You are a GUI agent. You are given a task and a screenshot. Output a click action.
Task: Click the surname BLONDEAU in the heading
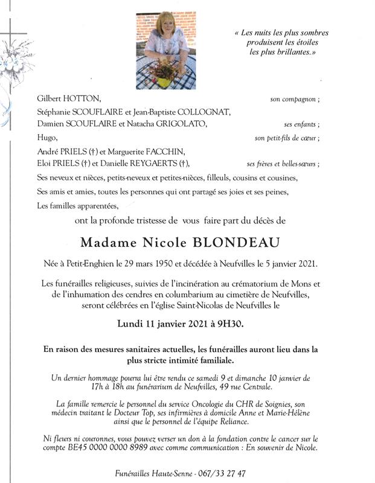(232, 243)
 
